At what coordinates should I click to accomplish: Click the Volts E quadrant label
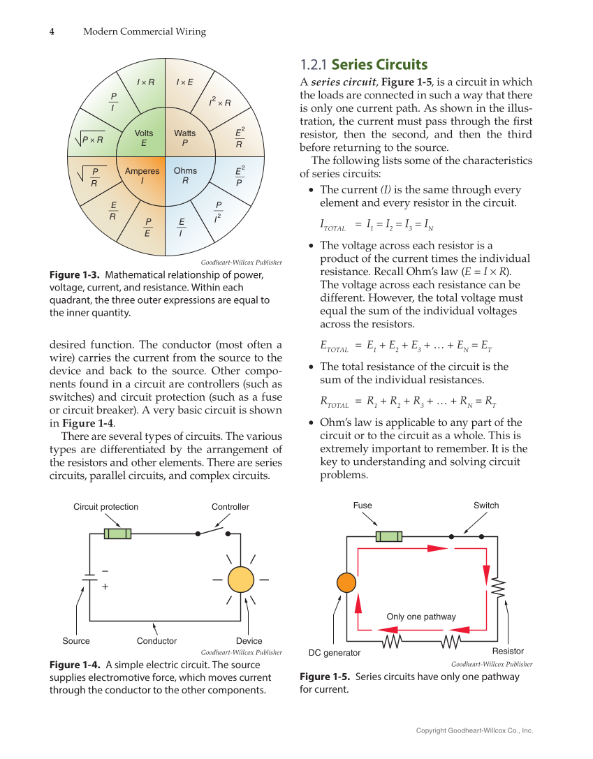pos(144,138)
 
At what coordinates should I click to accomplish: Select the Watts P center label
pos(185,138)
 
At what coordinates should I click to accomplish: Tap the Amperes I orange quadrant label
pos(142,175)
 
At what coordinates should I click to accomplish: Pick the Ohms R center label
pos(185,175)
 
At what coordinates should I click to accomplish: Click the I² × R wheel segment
pos(219,103)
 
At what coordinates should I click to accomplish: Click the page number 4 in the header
pos(52,31)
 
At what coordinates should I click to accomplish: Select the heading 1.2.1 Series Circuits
pos(363,65)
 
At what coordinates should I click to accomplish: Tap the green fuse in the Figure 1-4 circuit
pos(117,533)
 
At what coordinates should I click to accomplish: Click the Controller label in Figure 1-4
pos(230,507)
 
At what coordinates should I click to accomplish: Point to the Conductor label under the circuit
pos(156,641)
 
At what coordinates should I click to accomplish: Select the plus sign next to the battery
pos(105,587)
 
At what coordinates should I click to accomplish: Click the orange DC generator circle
pos(346,582)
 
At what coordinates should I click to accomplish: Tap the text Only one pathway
pos(420,617)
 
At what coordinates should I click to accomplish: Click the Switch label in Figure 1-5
pos(486,506)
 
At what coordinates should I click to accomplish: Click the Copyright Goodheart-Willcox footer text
pos(474,730)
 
